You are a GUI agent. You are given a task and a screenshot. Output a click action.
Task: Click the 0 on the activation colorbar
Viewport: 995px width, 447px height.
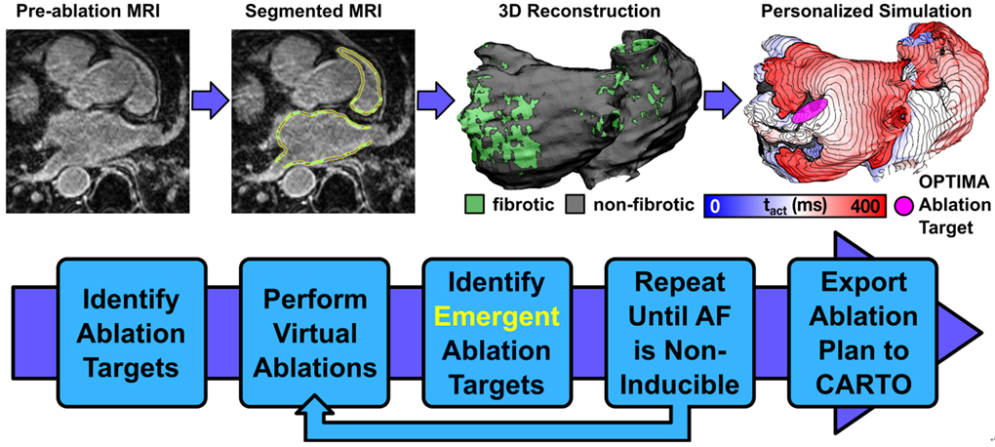(715, 207)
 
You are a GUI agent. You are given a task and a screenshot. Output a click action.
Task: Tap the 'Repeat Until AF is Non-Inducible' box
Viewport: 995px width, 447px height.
(670, 333)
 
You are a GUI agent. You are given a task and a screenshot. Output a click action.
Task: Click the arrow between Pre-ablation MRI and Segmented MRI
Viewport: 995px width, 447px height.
(213, 100)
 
